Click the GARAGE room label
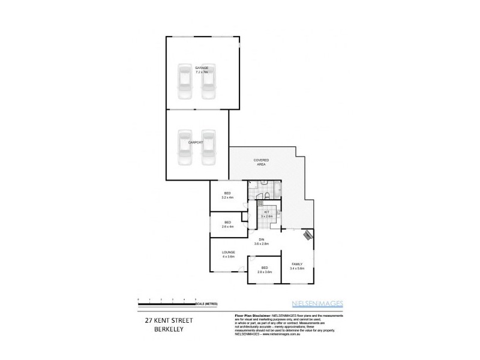[x=202, y=70]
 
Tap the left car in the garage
[x=184, y=84]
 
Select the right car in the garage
[x=208, y=84]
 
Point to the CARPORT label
[x=196, y=142]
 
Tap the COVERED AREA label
[x=261, y=162]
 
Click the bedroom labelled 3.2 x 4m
[x=227, y=195]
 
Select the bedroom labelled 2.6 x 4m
[x=227, y=224]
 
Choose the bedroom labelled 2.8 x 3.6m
[x=265, y=270]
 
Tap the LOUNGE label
[x=227, y=254]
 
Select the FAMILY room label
[x=297, y=266]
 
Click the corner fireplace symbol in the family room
[x=308, y=235]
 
